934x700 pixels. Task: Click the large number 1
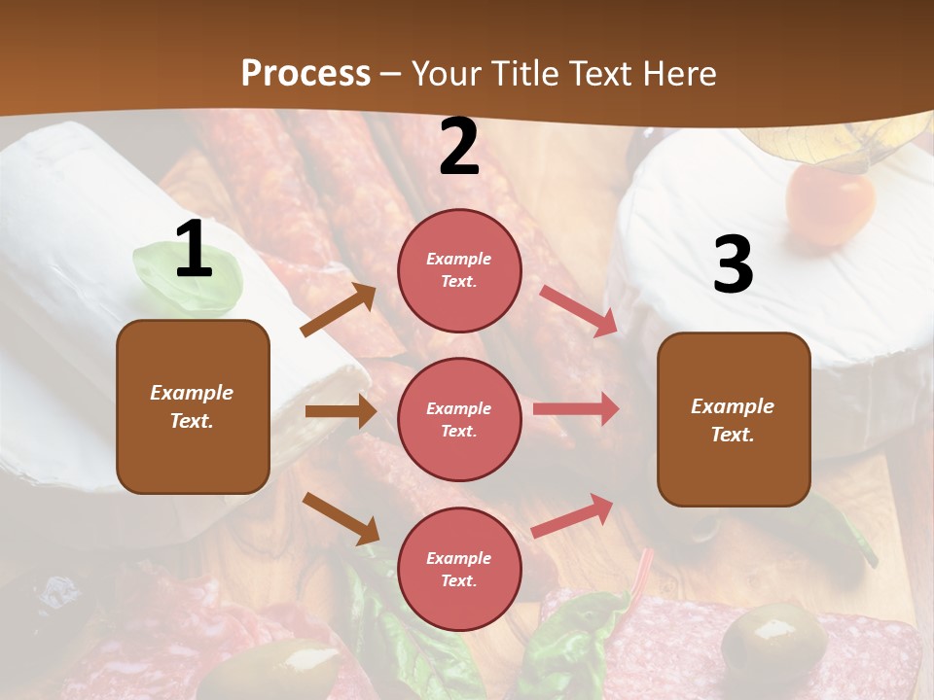coord(194,250)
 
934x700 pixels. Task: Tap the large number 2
coord(459,148)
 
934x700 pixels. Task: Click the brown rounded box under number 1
coord(193,406)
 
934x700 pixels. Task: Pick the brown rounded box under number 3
coord(734,419)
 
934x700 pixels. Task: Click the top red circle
coord(459,270)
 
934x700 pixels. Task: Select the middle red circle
coord(459,419)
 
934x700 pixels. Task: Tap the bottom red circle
coord(459,569)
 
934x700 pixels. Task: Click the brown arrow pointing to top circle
coord(339,310)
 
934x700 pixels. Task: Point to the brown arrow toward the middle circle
coord(341,411)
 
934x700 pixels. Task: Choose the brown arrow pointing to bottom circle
coord(341,517)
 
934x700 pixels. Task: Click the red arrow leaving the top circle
coord(578,310)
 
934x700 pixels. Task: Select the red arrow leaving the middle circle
coord(575,409)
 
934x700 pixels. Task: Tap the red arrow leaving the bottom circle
coord(572,515)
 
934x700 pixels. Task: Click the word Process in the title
coord(305,73)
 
